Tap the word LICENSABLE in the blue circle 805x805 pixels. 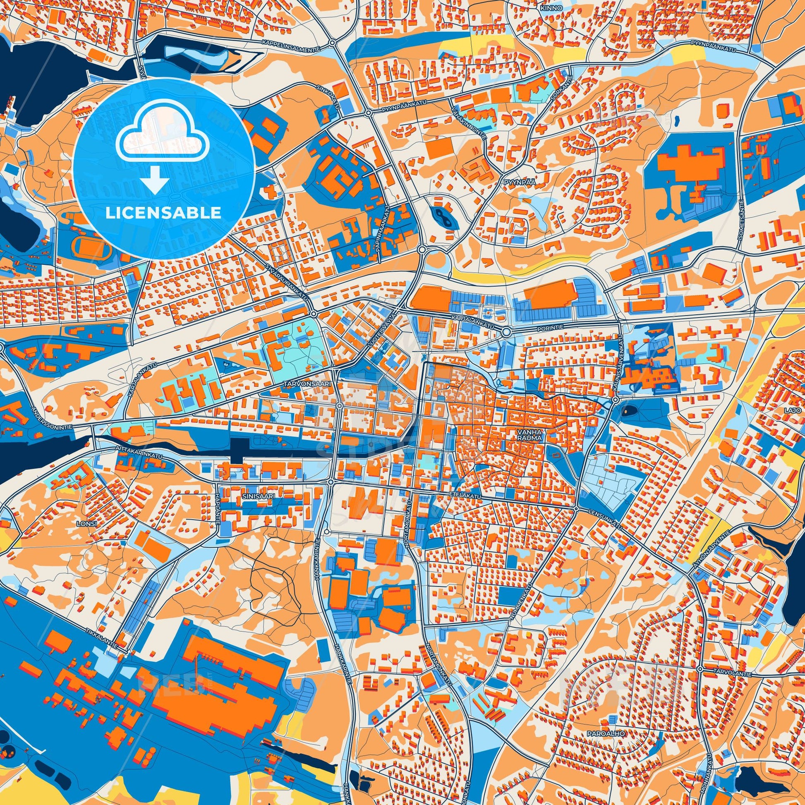click(163, 213)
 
